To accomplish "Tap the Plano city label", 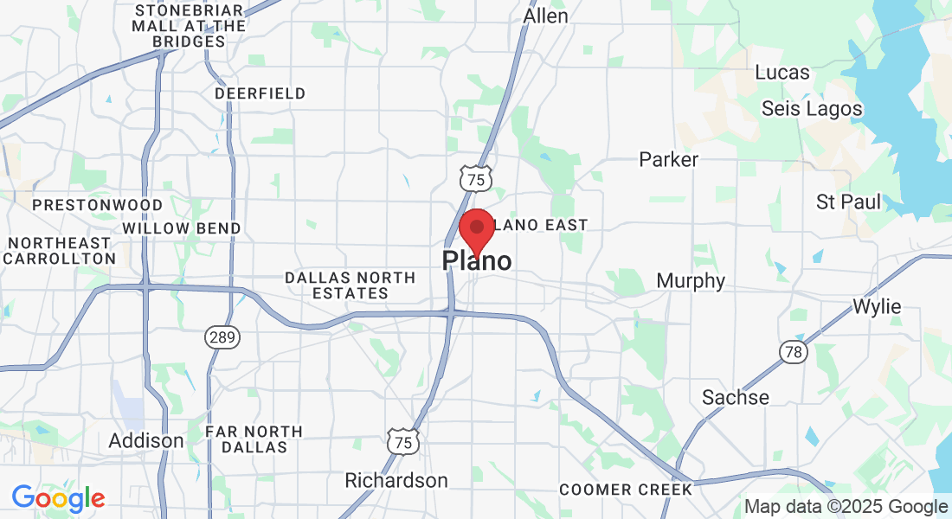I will (477, 260).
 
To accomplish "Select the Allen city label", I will (546, 16).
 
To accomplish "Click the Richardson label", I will (396, 480).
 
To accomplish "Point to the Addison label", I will (146, 440).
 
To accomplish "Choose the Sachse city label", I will (736, 397).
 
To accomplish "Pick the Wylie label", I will (877, 306).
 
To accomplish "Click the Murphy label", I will (691, 281).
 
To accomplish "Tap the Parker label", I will (668, 159).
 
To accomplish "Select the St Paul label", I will (848, 202).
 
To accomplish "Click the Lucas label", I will (782, 72).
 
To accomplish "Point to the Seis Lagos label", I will (812, 108).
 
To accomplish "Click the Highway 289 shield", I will (222, 337).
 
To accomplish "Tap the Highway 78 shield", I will (794, 351).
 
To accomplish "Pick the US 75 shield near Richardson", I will (403, 441).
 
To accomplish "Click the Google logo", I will (58, 498).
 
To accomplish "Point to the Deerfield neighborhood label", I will (260, 93).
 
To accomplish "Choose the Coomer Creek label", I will (626, 490).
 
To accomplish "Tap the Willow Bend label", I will (182, 227).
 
